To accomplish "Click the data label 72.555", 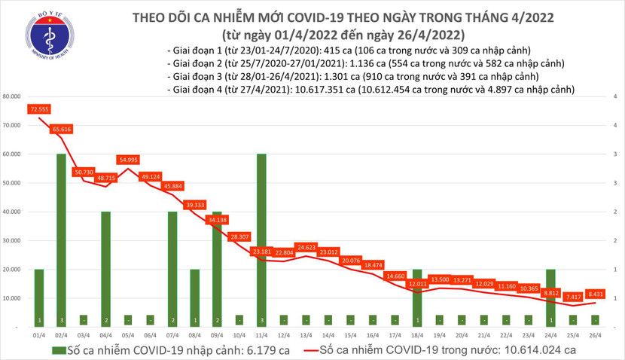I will click(x=40, y=109).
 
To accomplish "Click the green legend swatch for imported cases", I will click(x=59, y=350).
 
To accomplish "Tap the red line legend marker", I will click(x=301, y=350).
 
